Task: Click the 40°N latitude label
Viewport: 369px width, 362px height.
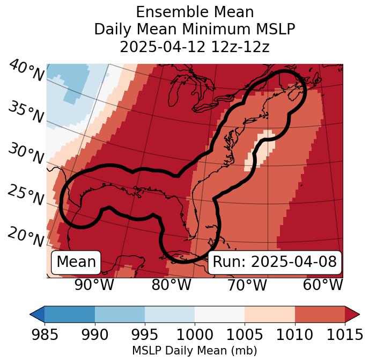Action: pos(26,71)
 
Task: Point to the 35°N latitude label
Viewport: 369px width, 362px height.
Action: pos(26,112)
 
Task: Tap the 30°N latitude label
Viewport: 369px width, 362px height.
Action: pos(26,154)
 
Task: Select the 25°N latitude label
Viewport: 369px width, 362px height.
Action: pos(26,195)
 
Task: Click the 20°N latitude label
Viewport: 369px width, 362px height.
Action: pos(26,236)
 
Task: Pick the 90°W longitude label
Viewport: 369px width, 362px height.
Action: pos(94,285)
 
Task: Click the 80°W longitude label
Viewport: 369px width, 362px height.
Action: pos(171,285)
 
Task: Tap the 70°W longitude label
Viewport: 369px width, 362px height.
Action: pos(247,285)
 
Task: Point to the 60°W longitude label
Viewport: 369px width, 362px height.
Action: pos(323,285)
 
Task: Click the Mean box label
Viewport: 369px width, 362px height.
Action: pos(76,262)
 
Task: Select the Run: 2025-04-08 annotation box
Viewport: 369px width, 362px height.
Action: pos(275,262)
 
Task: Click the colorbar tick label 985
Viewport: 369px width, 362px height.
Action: pos(45,335)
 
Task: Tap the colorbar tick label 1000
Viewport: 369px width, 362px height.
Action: pos(195,335)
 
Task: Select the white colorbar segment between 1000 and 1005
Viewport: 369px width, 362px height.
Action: pos(219,314)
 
